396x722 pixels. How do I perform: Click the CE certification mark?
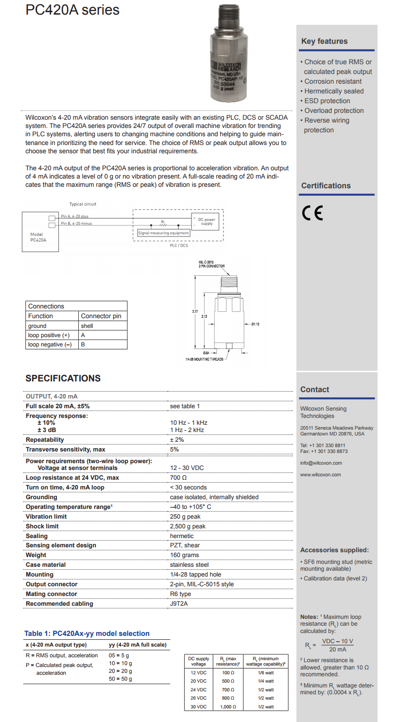[312, 214]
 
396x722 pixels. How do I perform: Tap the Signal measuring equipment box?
[164, 233]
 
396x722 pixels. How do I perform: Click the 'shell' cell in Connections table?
[87, 326]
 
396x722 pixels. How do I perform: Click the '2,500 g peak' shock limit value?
[188, 526]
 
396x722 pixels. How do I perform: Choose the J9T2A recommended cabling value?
[179, 604]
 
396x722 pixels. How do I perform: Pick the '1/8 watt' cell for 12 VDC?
[266, 672]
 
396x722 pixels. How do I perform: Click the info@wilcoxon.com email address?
[321, 463]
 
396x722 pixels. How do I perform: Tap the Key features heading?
[324, 41]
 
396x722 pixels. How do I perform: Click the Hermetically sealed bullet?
[334, 91]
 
